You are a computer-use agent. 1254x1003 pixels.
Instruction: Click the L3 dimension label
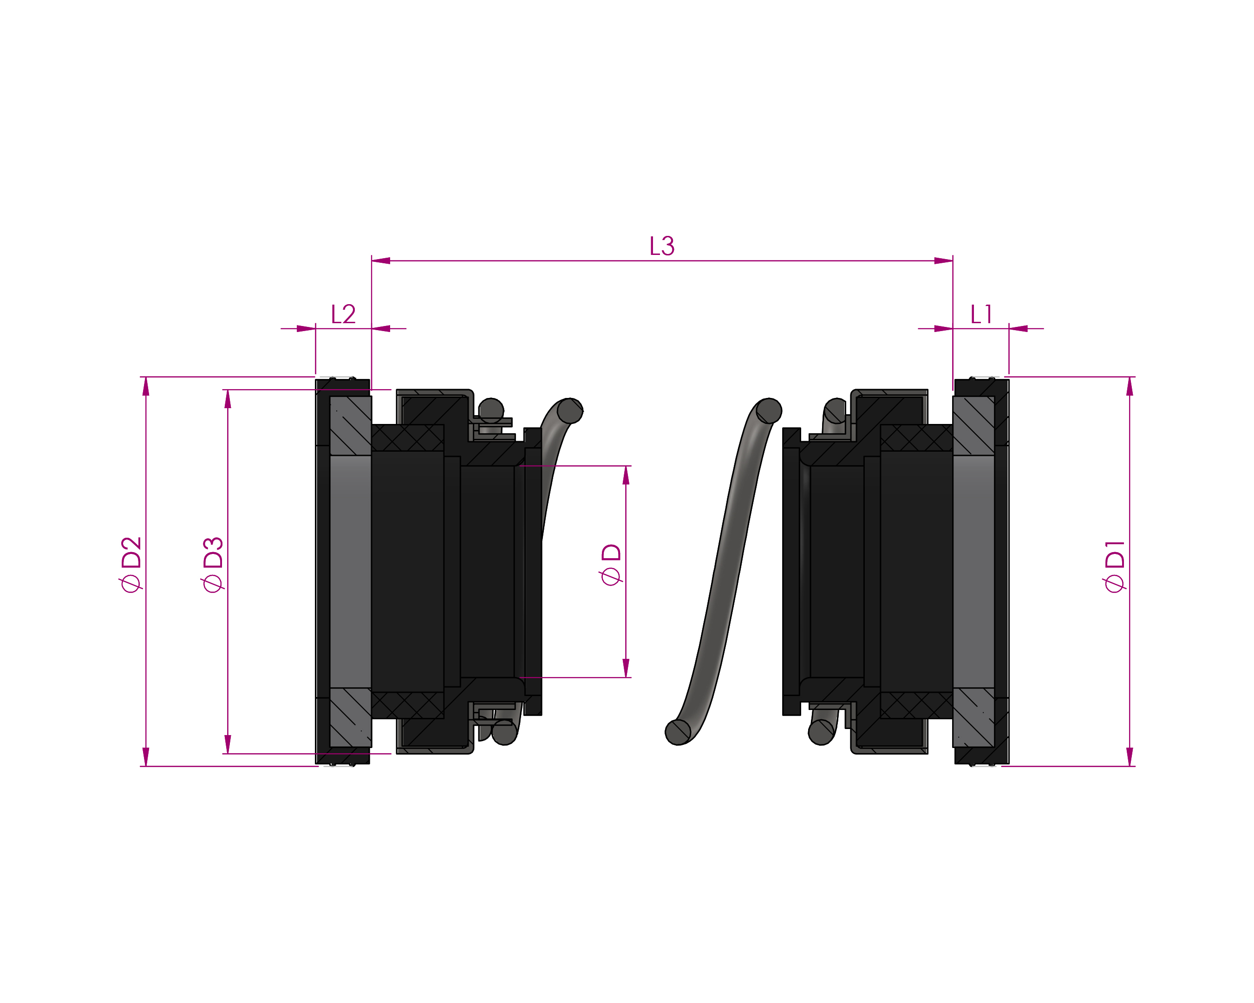(x=662, y=246)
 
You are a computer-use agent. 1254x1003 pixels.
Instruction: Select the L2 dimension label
(x=343, y=314)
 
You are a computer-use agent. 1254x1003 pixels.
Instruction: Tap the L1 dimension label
(x=981, y=314)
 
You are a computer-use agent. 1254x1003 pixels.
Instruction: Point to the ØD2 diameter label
(x=131, y=564)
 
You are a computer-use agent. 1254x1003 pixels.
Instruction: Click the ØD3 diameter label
(x=213, y=564)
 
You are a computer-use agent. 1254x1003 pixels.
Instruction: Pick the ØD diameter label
(x=611, y=564)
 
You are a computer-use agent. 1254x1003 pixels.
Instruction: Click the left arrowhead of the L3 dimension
(x=381, y=261)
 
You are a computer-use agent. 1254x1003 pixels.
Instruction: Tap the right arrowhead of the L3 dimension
(x=943, y=261)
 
